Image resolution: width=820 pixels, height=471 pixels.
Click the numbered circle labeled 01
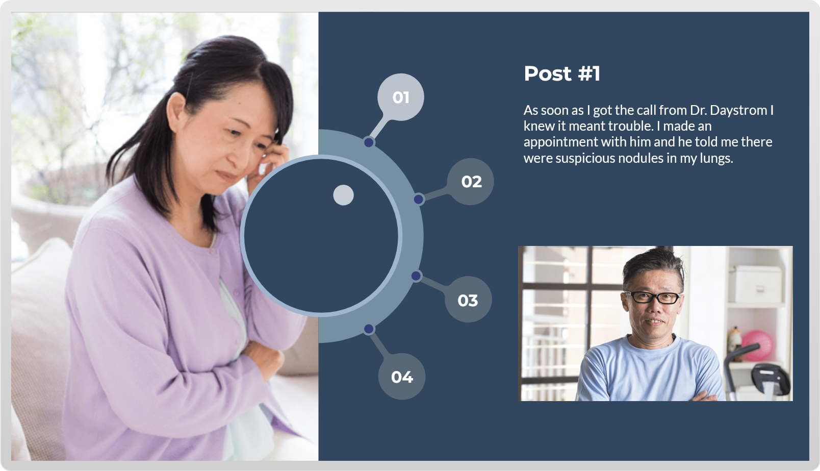pyautogui.click(x=400, y=97)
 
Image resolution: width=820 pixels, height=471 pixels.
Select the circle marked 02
pyautogui.click(x=470, y=182)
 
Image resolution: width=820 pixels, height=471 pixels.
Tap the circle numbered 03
pyautogui.click(x=468, y=300)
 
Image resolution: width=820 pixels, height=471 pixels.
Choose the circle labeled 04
pyautogui.click(x=402, y=376)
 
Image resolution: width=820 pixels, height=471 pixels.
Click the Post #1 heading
pyautogui.click(x=562, y=73)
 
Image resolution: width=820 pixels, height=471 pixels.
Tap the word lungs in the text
pyautogui.click(x=716, y=159)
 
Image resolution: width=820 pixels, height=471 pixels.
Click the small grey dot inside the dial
pyautogui.click(x=343, y=195)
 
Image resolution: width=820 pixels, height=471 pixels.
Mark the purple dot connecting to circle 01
pyautogui.click(x=369, y=142)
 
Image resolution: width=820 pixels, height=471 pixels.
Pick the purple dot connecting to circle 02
pyautogui.click(x=419, y=199)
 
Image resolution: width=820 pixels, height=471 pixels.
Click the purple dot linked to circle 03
pyautogui.click(x=416, y=276)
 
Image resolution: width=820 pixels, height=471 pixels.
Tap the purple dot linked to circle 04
pyautogui.click(x=369, y=329)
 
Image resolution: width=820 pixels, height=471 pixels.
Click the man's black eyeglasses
pyautogui.click(x=653, y=297)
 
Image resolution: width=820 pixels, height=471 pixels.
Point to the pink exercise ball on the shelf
pyautogui.click(x=757, y=345)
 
